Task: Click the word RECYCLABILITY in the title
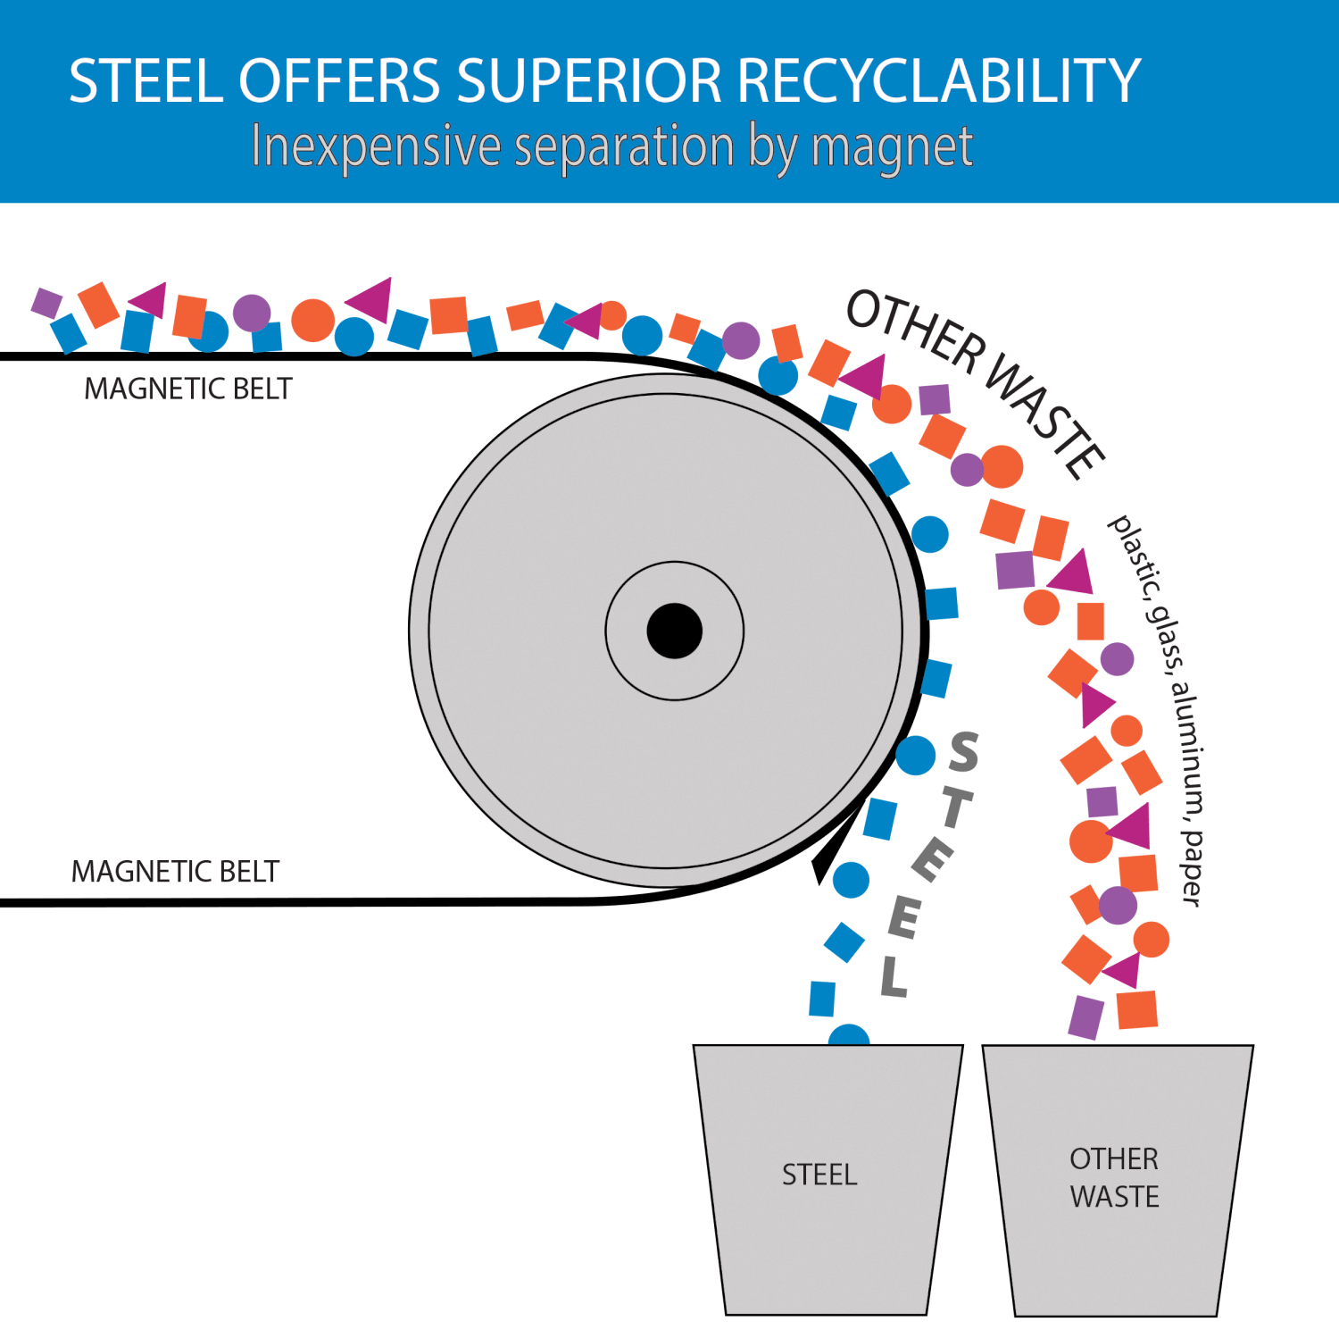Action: (939, 80)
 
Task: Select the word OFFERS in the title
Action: (339, 80)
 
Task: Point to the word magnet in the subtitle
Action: (892, 147)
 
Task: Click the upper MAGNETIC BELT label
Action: (187, 389)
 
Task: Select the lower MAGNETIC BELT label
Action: (175, 871)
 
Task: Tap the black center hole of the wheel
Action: (675, 631)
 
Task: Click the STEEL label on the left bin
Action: (819, 1175)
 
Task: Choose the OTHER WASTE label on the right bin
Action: (1114, 1177)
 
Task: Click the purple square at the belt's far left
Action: (46, 302)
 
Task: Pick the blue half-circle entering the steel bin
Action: (849, 1035)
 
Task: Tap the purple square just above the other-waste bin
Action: (1085, 1017)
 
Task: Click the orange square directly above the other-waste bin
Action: (1137, 1009)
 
